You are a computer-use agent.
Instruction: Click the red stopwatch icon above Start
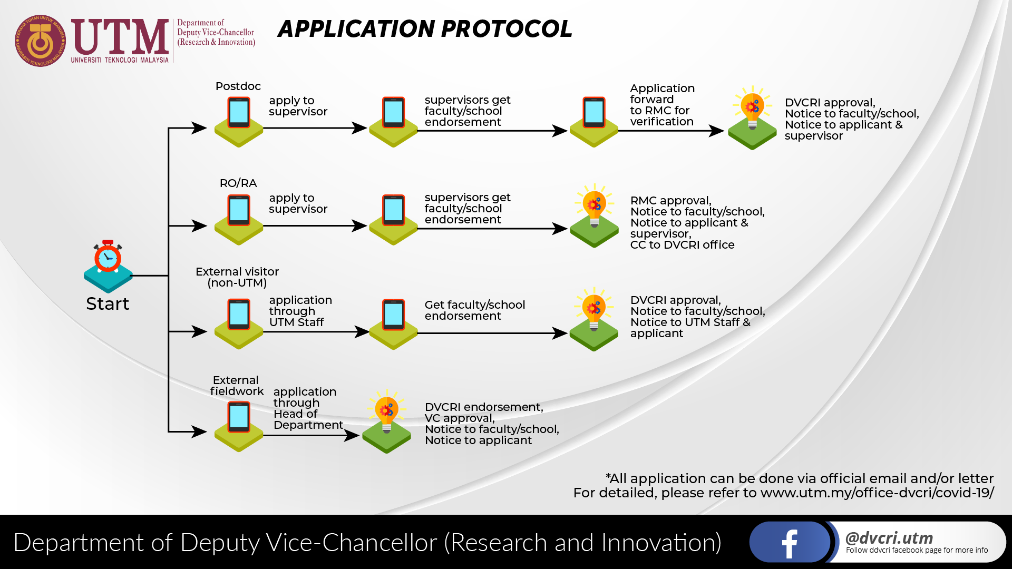[108, 257]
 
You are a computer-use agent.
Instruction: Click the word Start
[108, 304]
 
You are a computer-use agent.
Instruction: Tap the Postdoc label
[238, 86]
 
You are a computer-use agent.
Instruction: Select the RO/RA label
[238, 183]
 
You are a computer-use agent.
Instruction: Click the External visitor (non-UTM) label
[237, 277]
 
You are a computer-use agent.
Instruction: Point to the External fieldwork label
[237, 386]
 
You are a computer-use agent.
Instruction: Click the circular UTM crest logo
[41, 41]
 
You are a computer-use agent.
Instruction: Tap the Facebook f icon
[789, 543]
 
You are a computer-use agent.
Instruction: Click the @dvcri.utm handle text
[889, 537]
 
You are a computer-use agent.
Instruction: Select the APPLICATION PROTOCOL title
[425, 29]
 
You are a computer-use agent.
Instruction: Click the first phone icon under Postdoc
[239, 113]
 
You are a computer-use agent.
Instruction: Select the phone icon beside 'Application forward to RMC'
[594, 113]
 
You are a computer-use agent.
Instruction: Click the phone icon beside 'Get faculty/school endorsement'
[394, 315]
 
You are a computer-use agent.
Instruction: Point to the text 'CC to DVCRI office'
[682, 245]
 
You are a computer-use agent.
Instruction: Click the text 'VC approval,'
[460, 418]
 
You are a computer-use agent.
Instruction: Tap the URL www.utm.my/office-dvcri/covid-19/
[877, 493]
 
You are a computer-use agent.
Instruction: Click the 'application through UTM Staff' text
[300, 311]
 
